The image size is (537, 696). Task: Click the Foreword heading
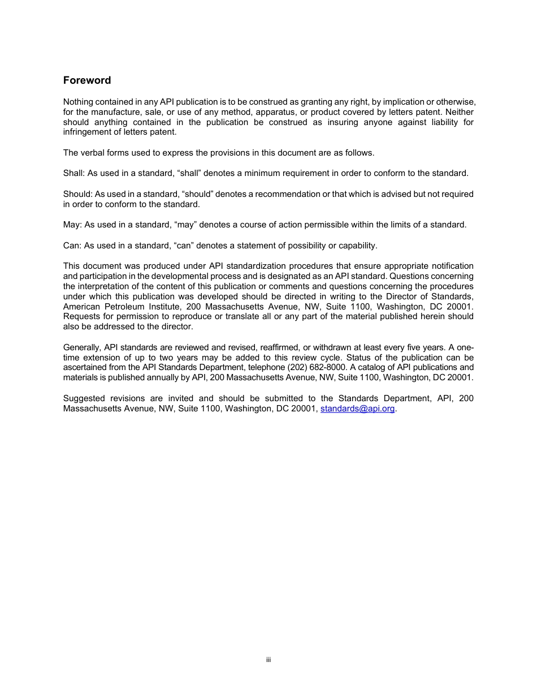(87, 80)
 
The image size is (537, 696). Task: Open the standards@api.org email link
(357, 409)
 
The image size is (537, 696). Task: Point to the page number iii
(268, 660)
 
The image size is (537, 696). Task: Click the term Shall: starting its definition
(74, 173)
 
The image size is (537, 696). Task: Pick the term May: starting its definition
(72, 225)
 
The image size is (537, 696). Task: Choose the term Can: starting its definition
(72, 246)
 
